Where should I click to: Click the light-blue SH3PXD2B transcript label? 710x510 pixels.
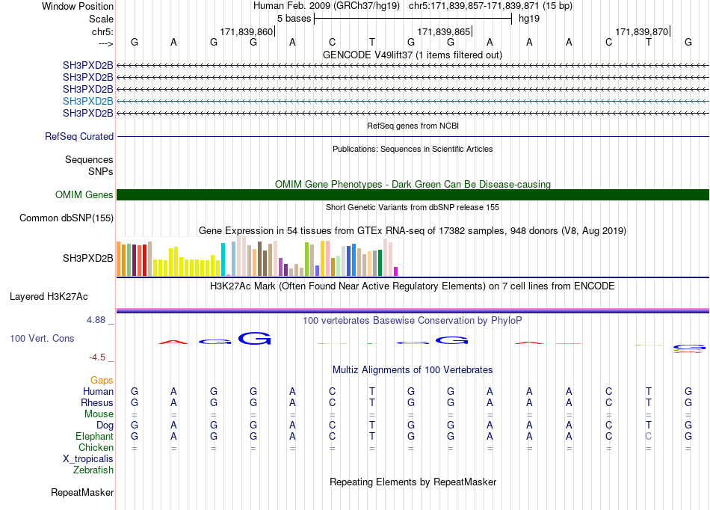point(88,101)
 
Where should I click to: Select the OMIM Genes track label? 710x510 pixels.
point(84,194)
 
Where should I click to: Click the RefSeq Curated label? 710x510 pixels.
point(79,136)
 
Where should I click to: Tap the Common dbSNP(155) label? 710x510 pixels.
point(67,218)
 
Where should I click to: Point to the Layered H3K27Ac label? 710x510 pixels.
point(49,297)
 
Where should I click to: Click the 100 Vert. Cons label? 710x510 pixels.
point(42,338)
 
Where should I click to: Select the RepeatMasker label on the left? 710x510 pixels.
point(82,492)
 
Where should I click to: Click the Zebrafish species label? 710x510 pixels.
point(93,470)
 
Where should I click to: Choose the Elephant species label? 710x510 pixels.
point(95,436)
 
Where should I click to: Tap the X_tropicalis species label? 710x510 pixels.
point(88,459)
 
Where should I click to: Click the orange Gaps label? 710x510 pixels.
point(102,381)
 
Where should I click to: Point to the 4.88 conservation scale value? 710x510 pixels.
point(96,320)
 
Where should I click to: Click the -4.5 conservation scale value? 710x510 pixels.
point(97,357)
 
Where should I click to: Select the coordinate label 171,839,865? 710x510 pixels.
point(443,31)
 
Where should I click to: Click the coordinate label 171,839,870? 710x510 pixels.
point(641,31)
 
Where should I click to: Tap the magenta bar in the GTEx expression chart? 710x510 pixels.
point(396,271)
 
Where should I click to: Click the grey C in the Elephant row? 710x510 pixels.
point(649,436)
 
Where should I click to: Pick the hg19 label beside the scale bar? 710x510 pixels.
point(529,19)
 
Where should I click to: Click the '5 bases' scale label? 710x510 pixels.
point(294,19)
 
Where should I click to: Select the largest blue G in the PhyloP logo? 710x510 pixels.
point(254,338)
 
